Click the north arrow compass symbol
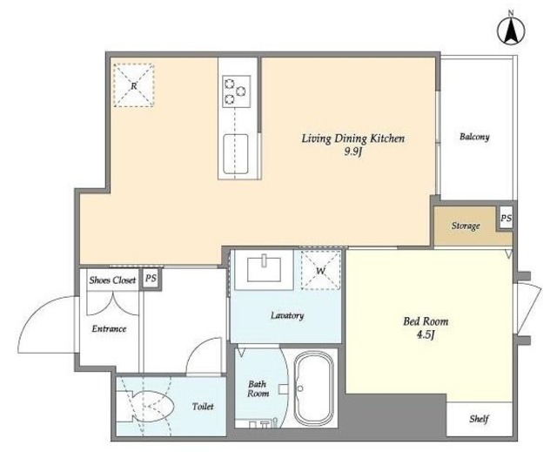(x=511, y=31)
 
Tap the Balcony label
(x=474, y=137)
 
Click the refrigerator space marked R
(x=133, y=85)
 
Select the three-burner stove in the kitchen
(x=236, y=91)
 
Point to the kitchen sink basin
(x=236, y=154)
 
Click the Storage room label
(x=466, y=226)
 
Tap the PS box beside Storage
(x=506, y=219)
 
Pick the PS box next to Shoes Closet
(x=151, y=278)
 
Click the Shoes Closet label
(x=112, y=280)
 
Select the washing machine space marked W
(x=321, y=270)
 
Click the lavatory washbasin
(x=265, y=269)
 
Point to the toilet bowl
(x=145, y=407)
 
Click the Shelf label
(x=479, y=419)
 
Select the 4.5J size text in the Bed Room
(x=426, y=335)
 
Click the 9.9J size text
(x=352, y=152)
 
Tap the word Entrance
(x=109, y=329)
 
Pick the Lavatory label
(x=287, y=315)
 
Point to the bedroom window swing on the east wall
(x=529, y=308)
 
